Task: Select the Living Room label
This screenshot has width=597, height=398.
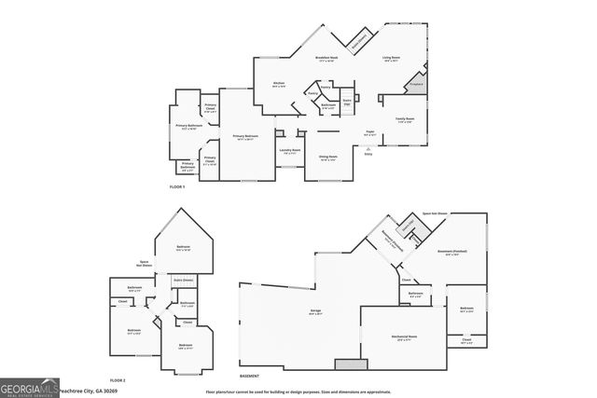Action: [x=392, y=60]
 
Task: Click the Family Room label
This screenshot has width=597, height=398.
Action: [x=405, y=119]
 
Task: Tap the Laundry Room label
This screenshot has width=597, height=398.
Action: [x=289, y=150]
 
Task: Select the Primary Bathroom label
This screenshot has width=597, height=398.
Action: [x=189, y=126]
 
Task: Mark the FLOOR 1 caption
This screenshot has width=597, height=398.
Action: [x=176, y=187]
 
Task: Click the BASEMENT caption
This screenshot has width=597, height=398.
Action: [x=249, y=376]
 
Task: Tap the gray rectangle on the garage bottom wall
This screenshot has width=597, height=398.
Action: [x=351, y=364]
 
